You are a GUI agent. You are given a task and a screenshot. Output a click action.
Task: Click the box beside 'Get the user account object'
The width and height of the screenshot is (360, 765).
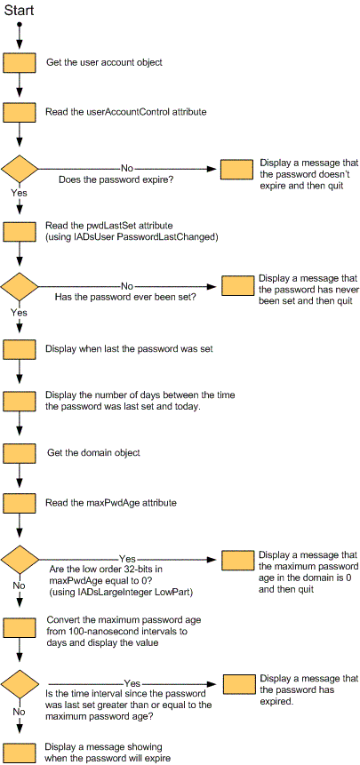click(x=20, y=63)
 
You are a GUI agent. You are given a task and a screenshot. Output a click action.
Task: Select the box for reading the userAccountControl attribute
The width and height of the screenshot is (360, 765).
click(x=20, y=113)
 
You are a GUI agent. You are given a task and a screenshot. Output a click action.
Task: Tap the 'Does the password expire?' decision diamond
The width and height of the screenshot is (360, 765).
click(x=20, y=170)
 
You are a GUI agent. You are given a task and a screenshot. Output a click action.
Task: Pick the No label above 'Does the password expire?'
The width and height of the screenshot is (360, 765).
click(x=127, y=168)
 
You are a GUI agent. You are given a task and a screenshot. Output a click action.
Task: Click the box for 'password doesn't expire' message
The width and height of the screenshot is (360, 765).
click(x=237, y=169)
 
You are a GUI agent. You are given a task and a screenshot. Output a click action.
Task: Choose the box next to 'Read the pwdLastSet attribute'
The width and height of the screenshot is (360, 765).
click(x=20, y=231)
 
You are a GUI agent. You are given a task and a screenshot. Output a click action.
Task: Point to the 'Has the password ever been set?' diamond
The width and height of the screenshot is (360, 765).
click(x=20, y=286)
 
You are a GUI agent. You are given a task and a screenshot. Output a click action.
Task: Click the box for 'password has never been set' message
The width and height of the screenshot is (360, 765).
click(x=238, y=286)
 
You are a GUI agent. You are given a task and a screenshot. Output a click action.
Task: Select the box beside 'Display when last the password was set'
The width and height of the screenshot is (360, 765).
click(x=20, y=349)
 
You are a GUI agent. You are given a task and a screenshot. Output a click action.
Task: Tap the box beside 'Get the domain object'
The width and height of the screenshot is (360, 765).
click(x=20, y=453)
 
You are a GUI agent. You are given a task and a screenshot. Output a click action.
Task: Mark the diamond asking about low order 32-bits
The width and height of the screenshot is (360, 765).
click(x=20, y=560)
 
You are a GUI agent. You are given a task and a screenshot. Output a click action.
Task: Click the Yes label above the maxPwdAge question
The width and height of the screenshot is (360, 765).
click(x=127, y=559)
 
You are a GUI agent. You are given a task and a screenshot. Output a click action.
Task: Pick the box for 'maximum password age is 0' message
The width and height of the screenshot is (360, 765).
click(x=238, y=560)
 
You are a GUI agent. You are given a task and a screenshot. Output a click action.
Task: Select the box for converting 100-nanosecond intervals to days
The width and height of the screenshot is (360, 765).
click(x=20, y=627)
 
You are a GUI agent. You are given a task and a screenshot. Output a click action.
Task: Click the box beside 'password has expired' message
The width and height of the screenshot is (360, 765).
click(x=239, y=684)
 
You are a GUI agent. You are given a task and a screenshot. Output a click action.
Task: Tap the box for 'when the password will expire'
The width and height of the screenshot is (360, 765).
click(x=20, y=753)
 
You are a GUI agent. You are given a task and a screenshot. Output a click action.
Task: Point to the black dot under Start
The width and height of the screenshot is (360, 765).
click(x=20, y=23)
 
